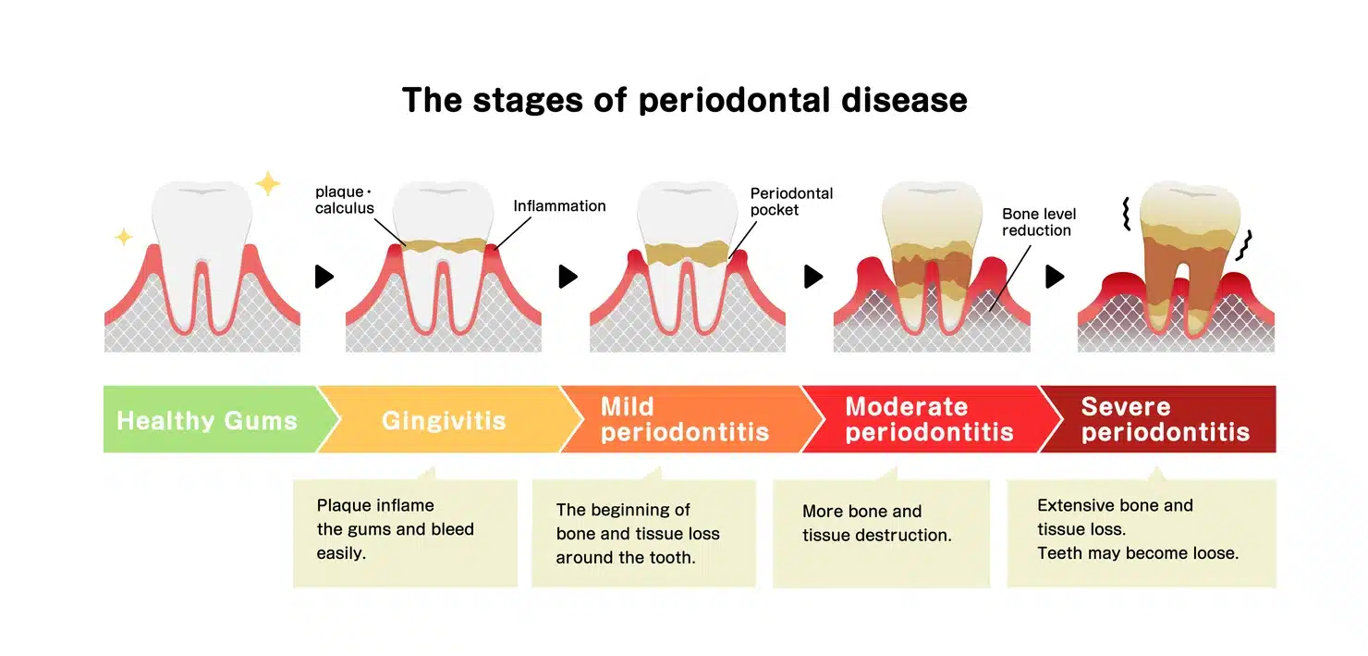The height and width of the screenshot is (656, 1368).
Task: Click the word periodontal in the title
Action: coord(734,101)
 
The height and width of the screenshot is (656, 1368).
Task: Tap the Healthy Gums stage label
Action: coord(207,421)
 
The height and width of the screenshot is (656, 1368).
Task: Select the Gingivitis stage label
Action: coord(444,421)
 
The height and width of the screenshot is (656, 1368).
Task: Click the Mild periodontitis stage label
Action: coord(685,419)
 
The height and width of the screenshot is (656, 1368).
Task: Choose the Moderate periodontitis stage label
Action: coord(929,419)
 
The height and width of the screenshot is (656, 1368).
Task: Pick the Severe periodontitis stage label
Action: coord(1166,419)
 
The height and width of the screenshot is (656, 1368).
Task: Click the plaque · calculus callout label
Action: coord(345,200)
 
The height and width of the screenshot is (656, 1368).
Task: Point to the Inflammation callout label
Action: coord(559,206)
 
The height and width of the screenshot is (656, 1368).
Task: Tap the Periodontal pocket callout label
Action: coord(791,202)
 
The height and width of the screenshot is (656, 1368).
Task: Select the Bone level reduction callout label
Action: coord(1039,222)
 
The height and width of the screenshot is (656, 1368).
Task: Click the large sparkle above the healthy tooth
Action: coord(267,183)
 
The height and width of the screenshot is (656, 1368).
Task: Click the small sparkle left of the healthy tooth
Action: coord(124,237)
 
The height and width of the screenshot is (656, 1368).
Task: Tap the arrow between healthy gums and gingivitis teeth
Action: coord(324,277)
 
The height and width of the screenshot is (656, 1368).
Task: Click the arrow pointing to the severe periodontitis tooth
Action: coord(1055,277)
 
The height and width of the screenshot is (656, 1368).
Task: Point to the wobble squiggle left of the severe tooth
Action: coord(1127,214)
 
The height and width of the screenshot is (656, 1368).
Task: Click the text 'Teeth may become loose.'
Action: coord(1138,553)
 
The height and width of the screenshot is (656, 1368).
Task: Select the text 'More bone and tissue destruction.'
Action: coord(877,524)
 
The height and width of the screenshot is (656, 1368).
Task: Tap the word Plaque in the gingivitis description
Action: coord(343,505)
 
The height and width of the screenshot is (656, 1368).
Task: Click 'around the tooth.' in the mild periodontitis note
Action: coord(626,558)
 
